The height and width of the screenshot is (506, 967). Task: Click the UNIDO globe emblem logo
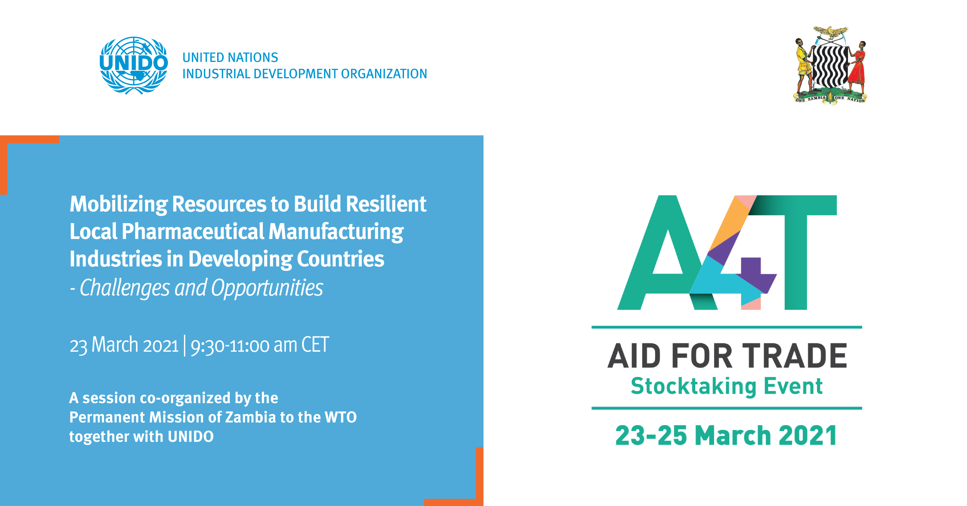coord(134,65)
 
